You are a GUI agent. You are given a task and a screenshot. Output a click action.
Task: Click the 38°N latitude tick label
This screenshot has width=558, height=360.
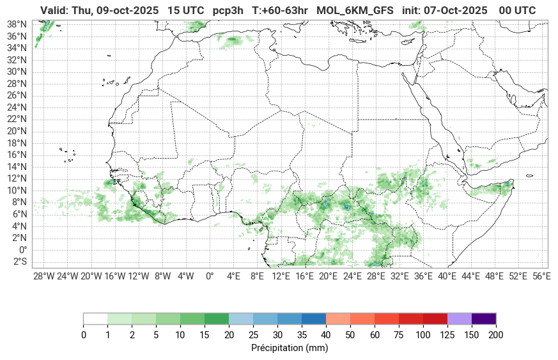pyautogui.click(x=17, y=24)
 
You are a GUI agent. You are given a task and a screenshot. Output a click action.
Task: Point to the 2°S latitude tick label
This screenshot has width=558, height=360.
pyautogui.click(x=20, y=262)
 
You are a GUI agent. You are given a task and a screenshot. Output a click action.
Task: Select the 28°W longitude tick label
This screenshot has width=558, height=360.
pyautogui.click(x=43, y=276)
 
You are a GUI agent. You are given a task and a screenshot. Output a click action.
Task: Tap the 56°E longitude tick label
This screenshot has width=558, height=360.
pyautogui.click(x=542, y=276)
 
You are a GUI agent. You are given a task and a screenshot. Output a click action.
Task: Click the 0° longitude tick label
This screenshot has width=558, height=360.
pyautogui.click(x=210, y=276)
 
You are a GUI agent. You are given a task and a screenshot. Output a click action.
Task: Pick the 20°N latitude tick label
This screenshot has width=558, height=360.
pyautogui.click(x=17, y=131)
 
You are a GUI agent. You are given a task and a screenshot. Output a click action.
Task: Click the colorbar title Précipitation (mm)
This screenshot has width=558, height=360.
pyautogui.click(x=290, y=348)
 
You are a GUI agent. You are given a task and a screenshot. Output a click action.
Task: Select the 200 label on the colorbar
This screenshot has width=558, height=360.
pyautogui.click(x=495, y=335)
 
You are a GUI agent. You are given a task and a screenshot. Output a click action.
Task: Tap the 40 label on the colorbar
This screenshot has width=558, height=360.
pyautogui.click(x=326, y=335)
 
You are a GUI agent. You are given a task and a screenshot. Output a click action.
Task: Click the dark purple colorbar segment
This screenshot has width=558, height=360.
pyautogui.click(x=483, y=318)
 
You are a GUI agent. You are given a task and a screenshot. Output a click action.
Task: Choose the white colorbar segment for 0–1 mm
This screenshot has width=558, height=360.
pyautogui.click(x=95, y=318)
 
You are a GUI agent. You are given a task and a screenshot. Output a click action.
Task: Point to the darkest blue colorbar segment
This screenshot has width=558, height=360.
pyautogui.click(x=313, y=318)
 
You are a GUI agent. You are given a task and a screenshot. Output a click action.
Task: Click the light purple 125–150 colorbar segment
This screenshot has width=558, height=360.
pyautogui.click(x=459, y=318)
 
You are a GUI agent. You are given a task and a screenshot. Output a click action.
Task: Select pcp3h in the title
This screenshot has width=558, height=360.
pyautogui.click(x=229, y=11)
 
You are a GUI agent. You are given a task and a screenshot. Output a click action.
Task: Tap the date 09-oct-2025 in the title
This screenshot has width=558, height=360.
pyautogui.click(x=127, y=11)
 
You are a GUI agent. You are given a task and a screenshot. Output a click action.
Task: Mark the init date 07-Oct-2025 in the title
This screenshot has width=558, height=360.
pyautogui.click(x=456, y=11)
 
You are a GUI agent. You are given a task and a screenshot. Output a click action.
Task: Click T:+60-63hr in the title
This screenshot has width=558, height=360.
pyautogui.click(x=281, y=11)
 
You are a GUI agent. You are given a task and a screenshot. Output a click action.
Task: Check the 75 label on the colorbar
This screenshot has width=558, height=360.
pyautogui.click(x=398, y=335)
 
